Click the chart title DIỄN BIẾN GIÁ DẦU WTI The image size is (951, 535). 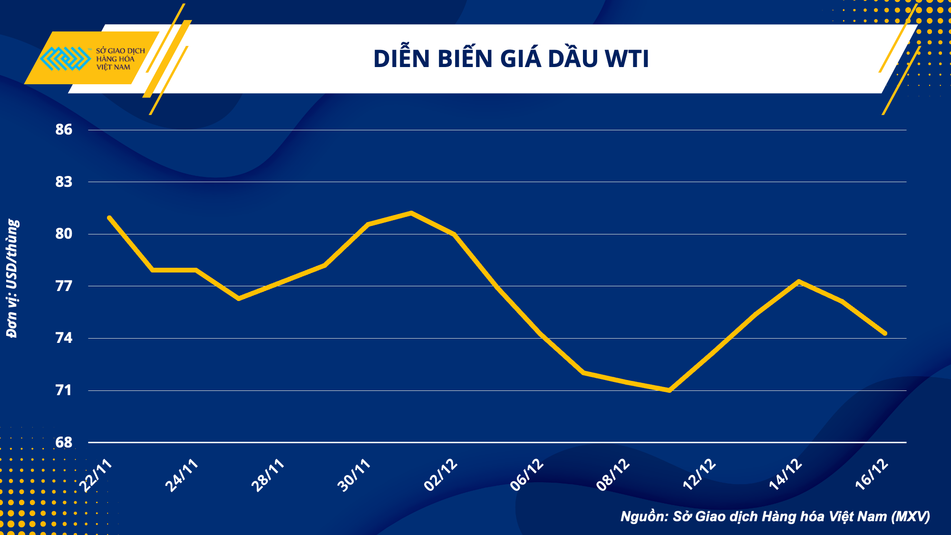click(x=511, y=59)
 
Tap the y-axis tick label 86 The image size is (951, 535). click(x=64, y=129)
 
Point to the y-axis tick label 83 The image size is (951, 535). click(x=64, y=182)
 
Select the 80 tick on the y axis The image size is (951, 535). click(x=64, y=233)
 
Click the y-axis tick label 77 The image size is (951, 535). click(x=64, y=286)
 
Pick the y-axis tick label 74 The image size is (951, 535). click(x=64, y=338)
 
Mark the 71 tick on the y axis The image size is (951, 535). click(x=64, y=390)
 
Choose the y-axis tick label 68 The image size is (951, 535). click(x=64, y=442)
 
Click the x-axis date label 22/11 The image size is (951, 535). click(x=97, y=476)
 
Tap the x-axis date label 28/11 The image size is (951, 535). click(x=268, y=476)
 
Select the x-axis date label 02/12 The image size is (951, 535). click(x=441, y=476)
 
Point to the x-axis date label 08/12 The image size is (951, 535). click(x=613, y=476)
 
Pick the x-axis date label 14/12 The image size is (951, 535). click(x=786, y=476)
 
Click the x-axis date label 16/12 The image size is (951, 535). click(x=872, y=476)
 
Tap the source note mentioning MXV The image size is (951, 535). click(x=775, y=516)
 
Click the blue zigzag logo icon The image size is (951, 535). click(x=66, y=58)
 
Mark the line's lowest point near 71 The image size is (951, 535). click(x=669, y=390)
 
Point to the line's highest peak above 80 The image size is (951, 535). click(x=411, y=213)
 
